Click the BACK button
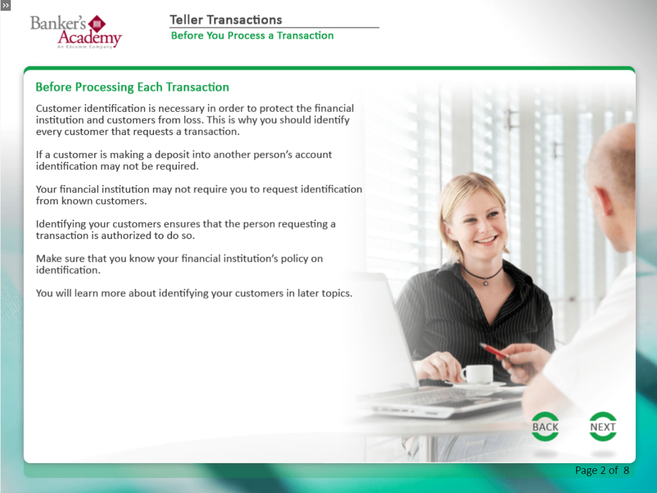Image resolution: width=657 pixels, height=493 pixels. point(545,427)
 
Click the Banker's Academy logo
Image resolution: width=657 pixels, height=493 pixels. point(76,32)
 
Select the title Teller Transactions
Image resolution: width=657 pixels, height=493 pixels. point(226,20)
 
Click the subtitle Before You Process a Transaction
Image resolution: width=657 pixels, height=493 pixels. point(252,35)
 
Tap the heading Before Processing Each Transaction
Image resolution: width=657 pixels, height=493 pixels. point(133,87)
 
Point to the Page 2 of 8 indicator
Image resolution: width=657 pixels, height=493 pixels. point(602,471)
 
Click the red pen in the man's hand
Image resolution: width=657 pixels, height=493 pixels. point(495,351)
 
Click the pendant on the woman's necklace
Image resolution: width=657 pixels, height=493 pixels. point(486,283)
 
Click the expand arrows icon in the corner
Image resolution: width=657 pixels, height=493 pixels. point(6,6)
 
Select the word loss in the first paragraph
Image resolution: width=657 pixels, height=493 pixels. point(192,120)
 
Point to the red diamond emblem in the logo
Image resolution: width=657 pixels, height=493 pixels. point(97,24)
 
